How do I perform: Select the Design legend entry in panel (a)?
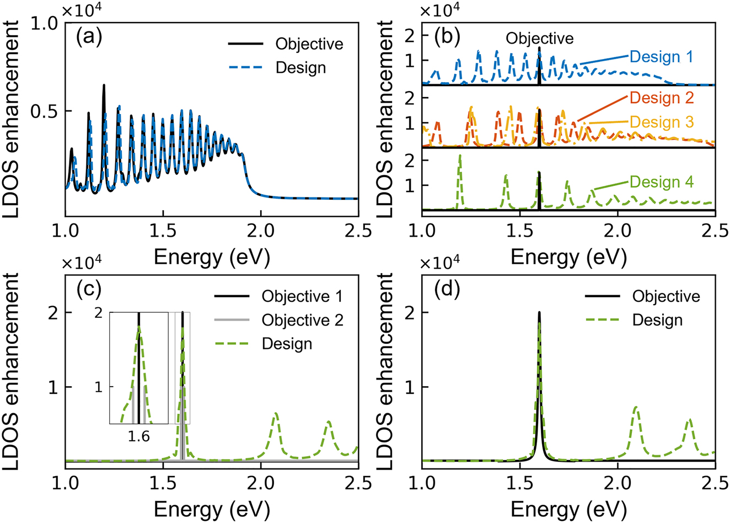(300, 68)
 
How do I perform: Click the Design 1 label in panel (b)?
(661, 57)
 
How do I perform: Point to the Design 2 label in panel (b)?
(661, 98)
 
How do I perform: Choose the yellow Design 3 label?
(661, 122)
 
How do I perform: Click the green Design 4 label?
(661, 182)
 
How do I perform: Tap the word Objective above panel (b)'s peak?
(539, 38)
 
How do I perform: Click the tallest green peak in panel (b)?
(460, 157)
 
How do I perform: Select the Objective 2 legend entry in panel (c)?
(302, 320)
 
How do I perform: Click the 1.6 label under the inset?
(139, 436)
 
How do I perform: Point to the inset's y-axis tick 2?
(99, 313)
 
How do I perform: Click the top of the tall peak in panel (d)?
(539, 313)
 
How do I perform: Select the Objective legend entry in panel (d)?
(665, 296)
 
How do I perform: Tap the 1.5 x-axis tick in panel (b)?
(520, 230)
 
